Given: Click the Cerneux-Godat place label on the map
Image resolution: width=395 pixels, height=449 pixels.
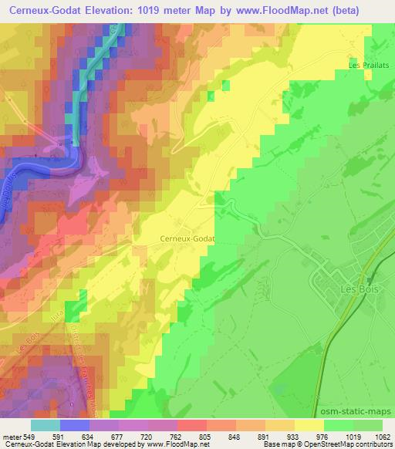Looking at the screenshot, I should (186, 238).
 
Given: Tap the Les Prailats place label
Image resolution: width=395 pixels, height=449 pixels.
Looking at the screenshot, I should (366, 65).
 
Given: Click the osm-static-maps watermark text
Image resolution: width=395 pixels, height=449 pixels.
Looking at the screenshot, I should (359, 414).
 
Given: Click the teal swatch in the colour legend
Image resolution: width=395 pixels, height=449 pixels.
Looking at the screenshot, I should (46, 425).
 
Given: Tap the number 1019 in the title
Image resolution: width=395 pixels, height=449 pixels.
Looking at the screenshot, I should (160, 9).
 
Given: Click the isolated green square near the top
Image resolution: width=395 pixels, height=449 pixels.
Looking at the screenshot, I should (225, 86).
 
